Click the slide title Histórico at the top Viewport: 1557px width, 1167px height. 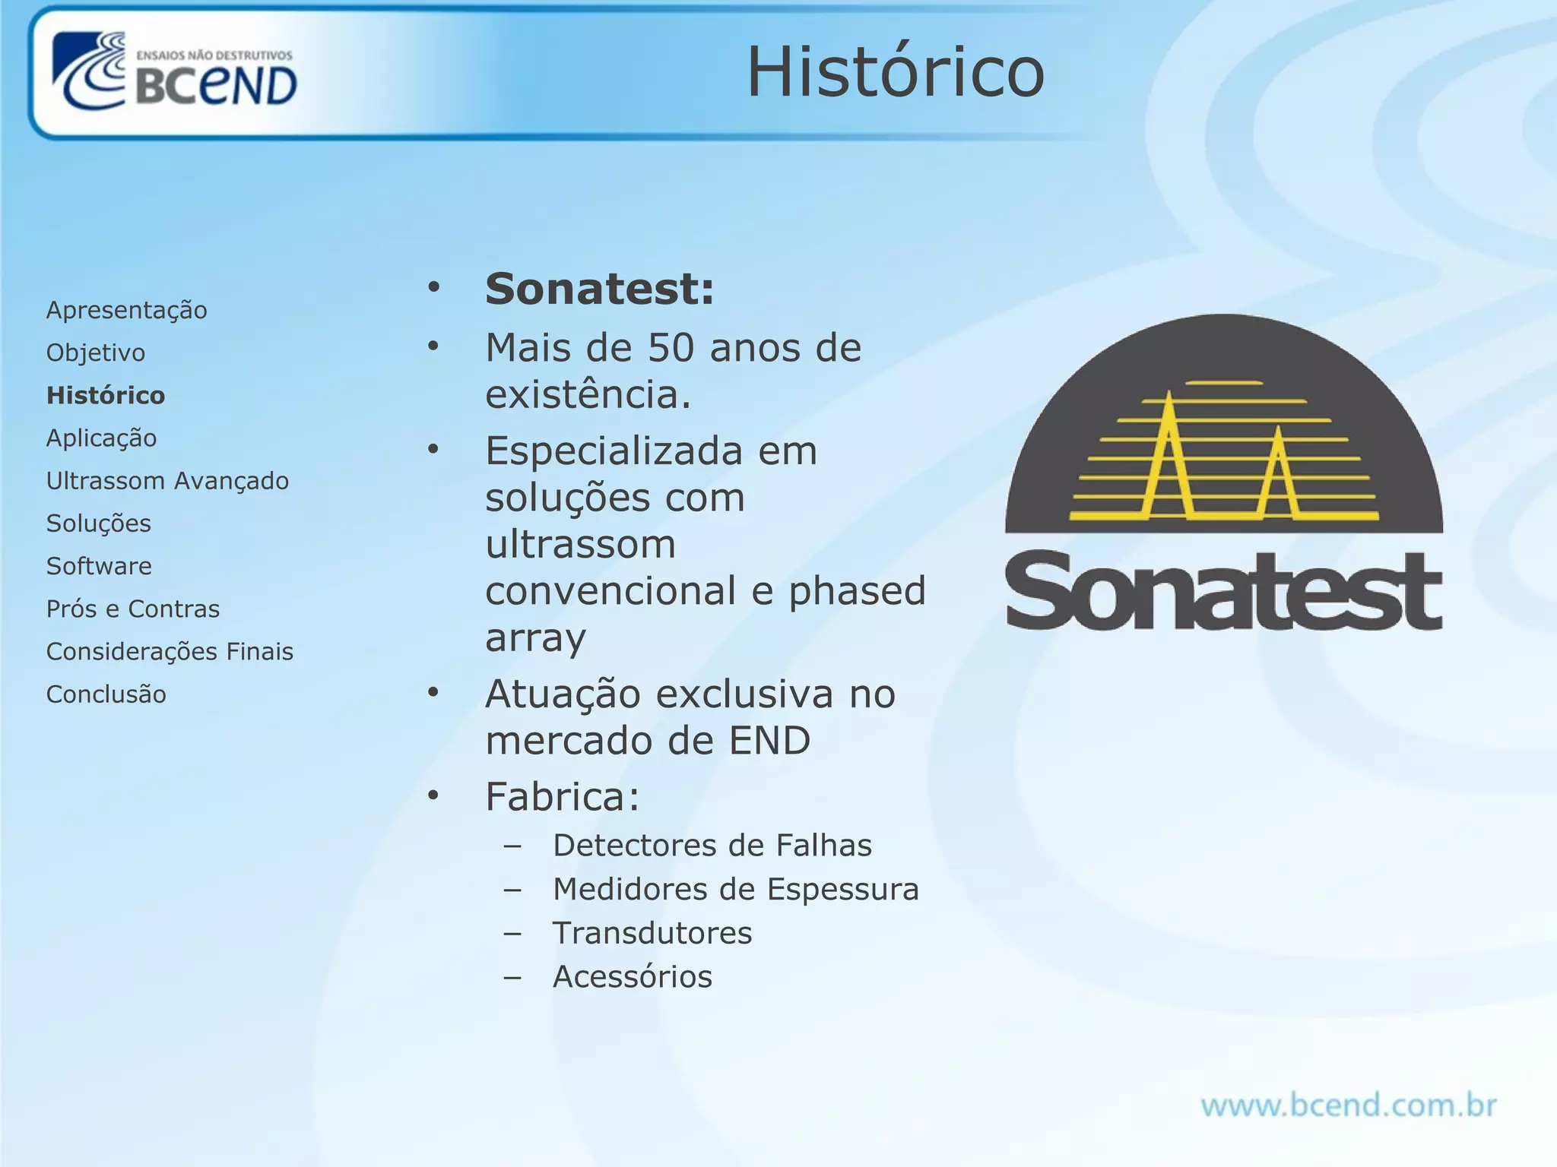(x=896, y=72)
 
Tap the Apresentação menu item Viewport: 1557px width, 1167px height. (x=126, y=310)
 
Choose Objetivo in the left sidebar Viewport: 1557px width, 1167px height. (x=96, y=353)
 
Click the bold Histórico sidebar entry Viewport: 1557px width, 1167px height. (x=106, y=395)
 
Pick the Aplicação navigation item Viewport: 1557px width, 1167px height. (x=101, y=438)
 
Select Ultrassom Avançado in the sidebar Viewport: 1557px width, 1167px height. (x=167, y=481)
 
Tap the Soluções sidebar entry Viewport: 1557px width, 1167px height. (x=99, y=523)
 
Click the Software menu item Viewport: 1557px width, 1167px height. (x=99, y=566)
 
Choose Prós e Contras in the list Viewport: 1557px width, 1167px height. (x=133, y=609)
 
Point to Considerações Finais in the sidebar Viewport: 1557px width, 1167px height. (x=170, y=651)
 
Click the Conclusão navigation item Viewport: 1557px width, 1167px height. (x=106, y=694)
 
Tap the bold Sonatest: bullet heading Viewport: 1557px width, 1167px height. (x=600, y=289)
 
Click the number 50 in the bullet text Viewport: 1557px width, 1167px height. (x=671, y=348)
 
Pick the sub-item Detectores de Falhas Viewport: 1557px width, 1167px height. (x=712, y=846)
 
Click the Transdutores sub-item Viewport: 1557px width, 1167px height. (x=652, y=933)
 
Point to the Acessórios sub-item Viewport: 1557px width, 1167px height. (x=633, y=977)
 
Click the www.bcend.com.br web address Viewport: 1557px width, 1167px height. (x=1348, y=1105)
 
